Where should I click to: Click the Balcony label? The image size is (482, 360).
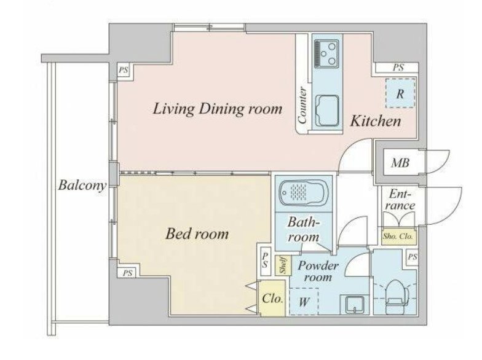tap(82, 186)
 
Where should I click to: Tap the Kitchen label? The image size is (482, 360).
tap(376, 121)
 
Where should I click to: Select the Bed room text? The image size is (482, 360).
tap(197, 233)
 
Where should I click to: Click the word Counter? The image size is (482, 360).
tap(302, 106)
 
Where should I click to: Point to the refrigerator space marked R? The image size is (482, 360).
tap(400, 93)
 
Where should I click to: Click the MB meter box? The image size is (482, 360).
tap(400, 162)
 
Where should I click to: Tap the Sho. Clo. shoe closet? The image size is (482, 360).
tap(398, 237)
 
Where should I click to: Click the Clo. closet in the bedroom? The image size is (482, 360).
tap(272, 299)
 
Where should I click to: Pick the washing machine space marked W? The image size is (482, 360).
tap(304, 302)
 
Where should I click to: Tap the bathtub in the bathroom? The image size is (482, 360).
tap(304, 193)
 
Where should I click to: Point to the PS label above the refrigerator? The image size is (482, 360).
tap(398, 68)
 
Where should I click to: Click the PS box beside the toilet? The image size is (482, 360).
tap(412, 257)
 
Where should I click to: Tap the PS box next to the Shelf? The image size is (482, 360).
tap(265, 260)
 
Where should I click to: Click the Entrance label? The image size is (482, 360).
tap(400, 200)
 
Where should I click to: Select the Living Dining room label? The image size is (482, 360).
tap(218, 109)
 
